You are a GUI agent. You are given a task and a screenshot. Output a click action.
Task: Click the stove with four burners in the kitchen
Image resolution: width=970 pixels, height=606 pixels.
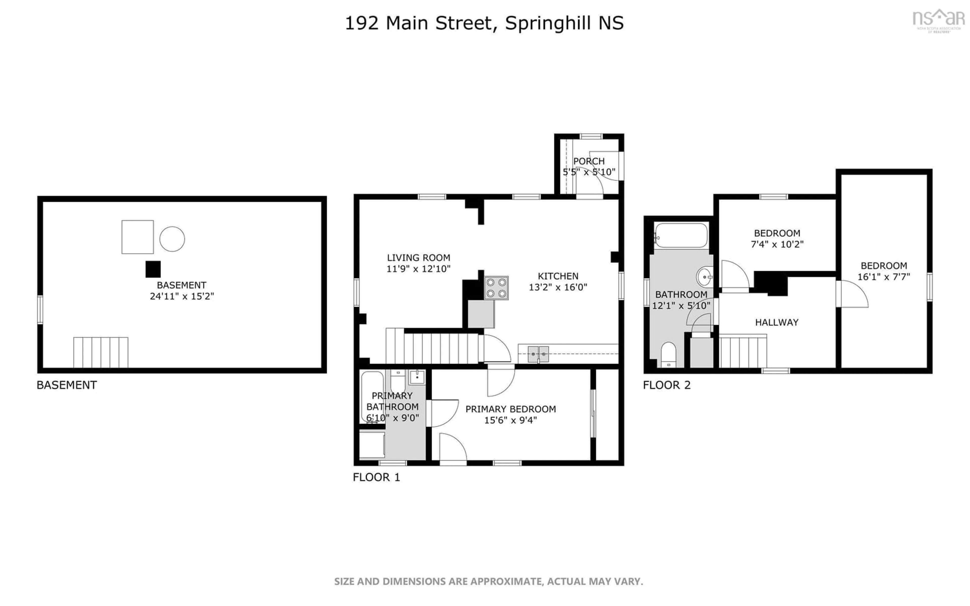tap(496, 288)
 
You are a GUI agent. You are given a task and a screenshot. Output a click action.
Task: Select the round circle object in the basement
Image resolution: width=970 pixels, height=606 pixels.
tap(172, 239)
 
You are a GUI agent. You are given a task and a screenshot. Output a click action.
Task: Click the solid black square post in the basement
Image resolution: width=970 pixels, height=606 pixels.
tap(153, 269)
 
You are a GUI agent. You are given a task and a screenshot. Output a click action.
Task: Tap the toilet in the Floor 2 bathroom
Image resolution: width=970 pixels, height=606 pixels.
tap(668, 354)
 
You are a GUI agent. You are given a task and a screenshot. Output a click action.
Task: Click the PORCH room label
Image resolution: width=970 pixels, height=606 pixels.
tap(589, 161)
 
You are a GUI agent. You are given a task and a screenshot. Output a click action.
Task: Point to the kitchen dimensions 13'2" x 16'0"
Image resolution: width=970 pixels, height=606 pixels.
tap(558, 287)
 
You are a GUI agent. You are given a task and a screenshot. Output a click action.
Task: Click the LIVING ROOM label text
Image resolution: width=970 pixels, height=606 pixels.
tap(419, 258)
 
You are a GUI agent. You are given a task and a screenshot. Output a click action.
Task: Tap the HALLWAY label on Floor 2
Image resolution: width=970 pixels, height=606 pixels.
tap(777, 322)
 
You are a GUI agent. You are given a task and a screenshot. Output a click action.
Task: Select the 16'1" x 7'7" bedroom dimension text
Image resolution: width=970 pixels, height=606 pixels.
tap(884, 276)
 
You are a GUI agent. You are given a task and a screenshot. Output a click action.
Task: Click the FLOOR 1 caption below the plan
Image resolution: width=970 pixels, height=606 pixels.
tap(376, 477)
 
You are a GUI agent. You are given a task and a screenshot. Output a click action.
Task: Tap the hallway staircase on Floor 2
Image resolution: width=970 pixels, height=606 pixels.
tap(743, 351)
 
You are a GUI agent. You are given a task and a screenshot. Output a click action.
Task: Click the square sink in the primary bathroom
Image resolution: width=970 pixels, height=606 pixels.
tap(417, 377)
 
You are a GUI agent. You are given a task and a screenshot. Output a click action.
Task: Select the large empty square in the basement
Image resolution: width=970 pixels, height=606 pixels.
tap(137, 237)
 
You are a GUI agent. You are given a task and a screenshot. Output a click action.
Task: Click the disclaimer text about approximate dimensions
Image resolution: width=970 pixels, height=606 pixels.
tap(489, 581)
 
